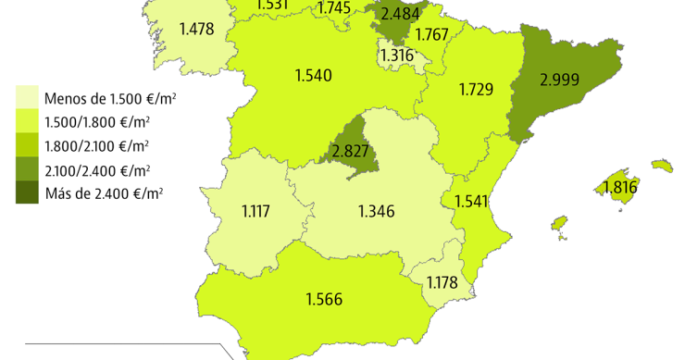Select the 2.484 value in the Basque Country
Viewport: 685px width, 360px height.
coord(401,13)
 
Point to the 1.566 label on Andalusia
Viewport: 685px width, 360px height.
coord(324,299)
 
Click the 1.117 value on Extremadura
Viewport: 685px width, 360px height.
coord(255,211)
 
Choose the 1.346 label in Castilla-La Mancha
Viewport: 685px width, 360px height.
coord(376,211)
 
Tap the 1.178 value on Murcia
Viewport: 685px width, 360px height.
coord(442,282)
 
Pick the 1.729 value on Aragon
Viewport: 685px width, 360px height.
coord(475,89)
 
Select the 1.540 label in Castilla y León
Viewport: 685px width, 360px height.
coord(313,75)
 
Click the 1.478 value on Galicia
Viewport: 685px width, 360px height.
coord(196,29)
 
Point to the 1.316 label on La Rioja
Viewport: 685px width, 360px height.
coord(396,56)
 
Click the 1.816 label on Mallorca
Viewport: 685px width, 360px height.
coord(619,188)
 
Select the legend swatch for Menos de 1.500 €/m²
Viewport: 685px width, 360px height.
coord(26,98)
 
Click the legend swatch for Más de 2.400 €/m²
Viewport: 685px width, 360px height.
coord(26,192)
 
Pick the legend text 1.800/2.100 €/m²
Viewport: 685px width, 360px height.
coord(96,145)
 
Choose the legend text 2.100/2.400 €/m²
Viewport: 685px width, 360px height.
coord(96,169)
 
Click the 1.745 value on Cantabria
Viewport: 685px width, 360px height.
coord(333,8)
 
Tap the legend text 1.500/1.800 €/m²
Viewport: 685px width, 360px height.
coord(96,122)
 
